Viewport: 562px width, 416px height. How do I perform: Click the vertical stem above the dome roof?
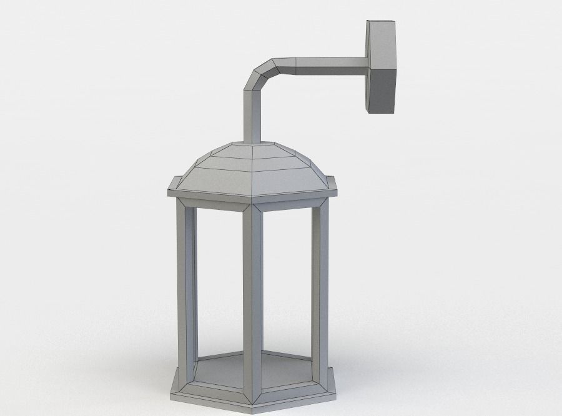tap(250, 116)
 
